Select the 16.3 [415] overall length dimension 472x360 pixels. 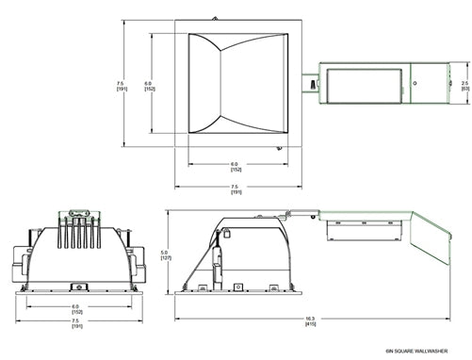[310, 321]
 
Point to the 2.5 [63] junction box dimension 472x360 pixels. [465, 86]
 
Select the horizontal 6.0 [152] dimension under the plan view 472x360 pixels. [236, 167]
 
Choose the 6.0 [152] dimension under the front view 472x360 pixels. [74, 308]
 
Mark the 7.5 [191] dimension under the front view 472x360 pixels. [74, 322]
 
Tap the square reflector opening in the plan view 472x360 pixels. [236, 85]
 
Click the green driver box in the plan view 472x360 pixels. [363, 84]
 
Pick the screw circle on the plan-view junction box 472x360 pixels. [421, 82]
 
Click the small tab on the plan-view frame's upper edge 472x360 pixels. [216, 18]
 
